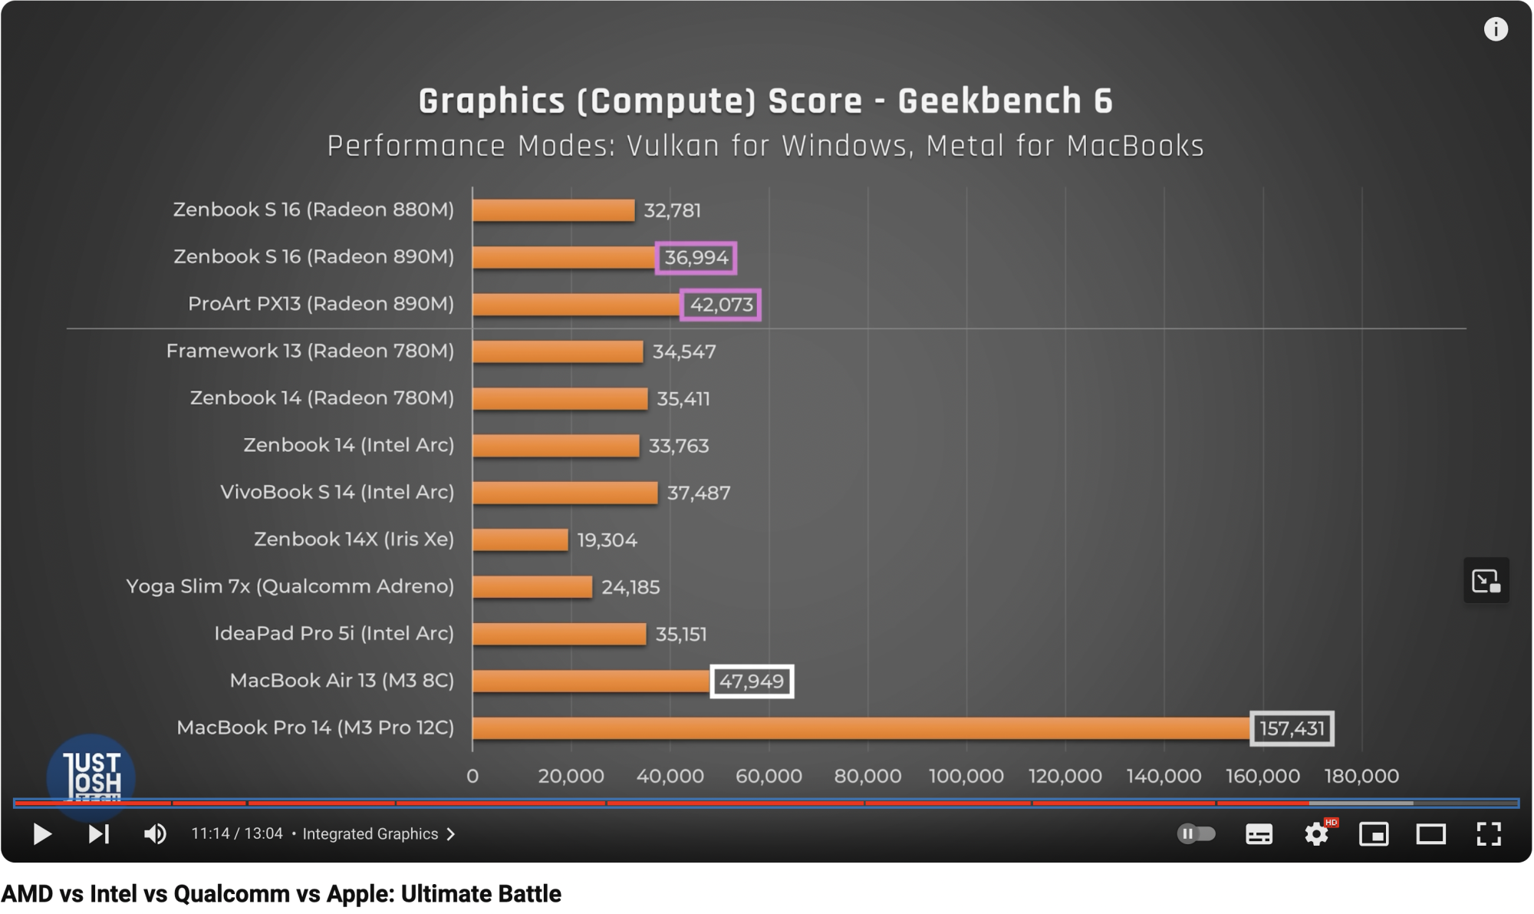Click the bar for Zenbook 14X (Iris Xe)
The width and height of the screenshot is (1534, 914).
click(x=520, y=539)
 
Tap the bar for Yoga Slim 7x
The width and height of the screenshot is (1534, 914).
click(x=532, y=587)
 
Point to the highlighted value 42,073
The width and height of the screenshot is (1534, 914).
click(x=721, y=305)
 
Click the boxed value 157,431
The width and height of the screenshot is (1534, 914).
click(x=1292, y=728)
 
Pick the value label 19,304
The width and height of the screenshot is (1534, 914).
click(x=607, y=540)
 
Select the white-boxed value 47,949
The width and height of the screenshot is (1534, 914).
click(x=751, y=681)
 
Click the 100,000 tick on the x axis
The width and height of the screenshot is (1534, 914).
click(x=966, y=776)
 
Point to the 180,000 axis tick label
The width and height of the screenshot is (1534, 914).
click(x=1361, y=776)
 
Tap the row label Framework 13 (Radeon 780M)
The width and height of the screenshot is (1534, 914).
click(x=310, y=351)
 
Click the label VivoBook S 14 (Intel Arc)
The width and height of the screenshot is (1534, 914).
click(x=337, y=492)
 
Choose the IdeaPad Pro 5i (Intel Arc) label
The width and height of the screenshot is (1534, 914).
click(x=334, y=633)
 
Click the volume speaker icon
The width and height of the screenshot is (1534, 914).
click(x=155, y=833)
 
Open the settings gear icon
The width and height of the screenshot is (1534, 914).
click(x=1316, y=833)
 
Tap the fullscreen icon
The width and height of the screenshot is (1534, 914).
click(x=1488, y=833)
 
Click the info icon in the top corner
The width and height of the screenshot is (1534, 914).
click(x=1495, y=30)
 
